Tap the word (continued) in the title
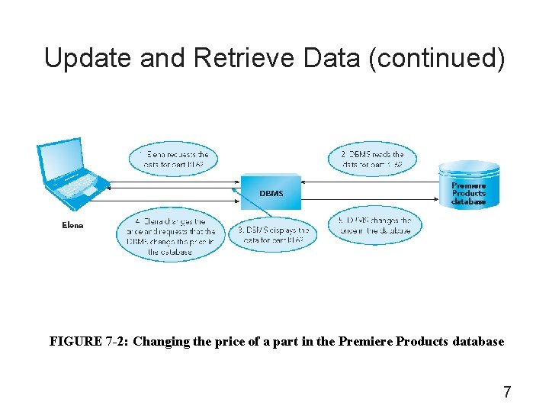tap(436, 57)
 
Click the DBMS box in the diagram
tap(271, 193)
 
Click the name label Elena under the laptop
tap(72, 225)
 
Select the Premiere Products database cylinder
tap(468, 185)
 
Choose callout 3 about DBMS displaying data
tap(273, 235)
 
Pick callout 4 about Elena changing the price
tap(169, 237)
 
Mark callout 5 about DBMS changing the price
tap(373, 226)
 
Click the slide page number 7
tap(507, 393)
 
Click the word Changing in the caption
tap(159, 342)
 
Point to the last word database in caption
tap(476, 342)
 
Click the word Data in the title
tap(333, 57)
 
